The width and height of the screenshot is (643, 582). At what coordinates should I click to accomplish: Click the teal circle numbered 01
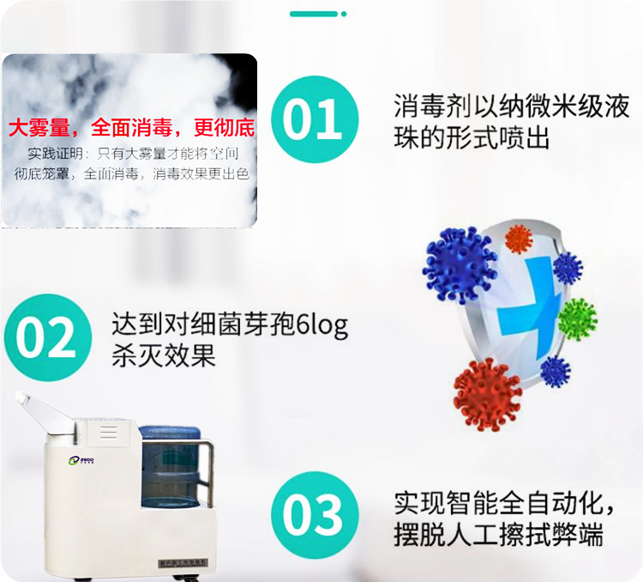[x=315, y=119]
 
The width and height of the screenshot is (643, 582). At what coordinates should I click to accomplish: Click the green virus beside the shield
[x=577, y=318]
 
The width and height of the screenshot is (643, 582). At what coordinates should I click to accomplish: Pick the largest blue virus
[x=460, y=265]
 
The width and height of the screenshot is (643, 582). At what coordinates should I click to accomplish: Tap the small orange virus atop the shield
[x=519, y=238]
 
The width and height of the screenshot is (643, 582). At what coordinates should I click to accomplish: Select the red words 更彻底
[x=225, y=129]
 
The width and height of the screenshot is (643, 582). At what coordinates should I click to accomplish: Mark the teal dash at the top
[x=314, y=14]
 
